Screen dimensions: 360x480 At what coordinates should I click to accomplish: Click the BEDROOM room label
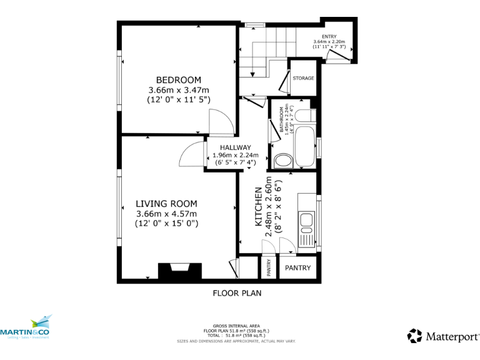click(178, 80)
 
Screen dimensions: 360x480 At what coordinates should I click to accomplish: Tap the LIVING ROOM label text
click(166, 204)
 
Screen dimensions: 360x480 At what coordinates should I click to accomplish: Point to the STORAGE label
click(303, 78)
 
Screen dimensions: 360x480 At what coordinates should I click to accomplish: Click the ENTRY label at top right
click(329, 37)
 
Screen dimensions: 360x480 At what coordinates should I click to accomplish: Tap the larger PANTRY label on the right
click(297, 268)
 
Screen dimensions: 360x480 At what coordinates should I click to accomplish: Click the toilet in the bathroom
click(283, 160)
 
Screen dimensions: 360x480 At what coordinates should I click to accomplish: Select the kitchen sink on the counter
click(306, 221)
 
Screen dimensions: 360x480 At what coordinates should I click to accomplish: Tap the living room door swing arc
click(191, 155)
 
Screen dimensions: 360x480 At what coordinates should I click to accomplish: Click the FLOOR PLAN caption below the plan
click(237, 292)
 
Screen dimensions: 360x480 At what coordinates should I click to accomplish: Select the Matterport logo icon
click(414, 336)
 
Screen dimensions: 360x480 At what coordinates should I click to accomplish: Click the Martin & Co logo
click(26, 328)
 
